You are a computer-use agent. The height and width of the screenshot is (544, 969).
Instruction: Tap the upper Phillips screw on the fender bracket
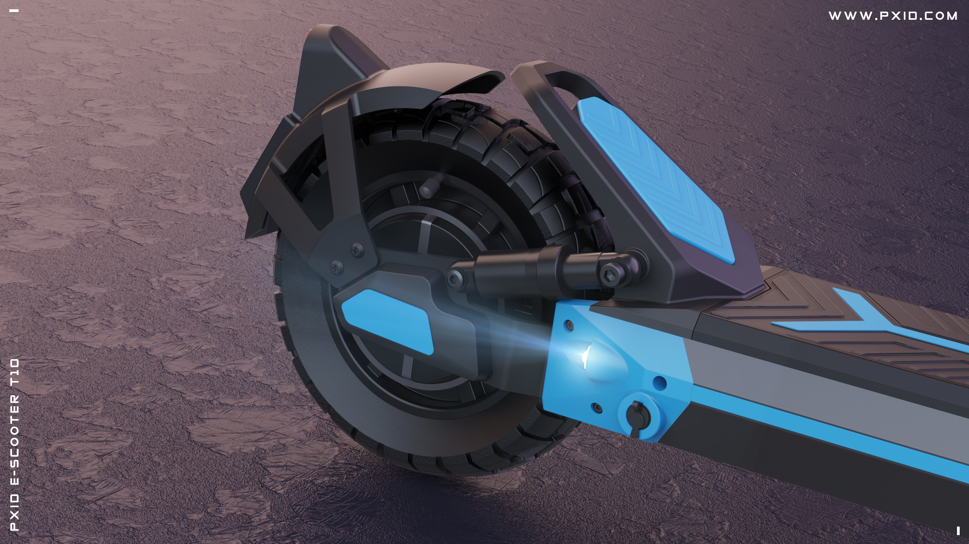click(x=357, y=250)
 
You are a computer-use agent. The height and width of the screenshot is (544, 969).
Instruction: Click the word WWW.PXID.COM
click(x=893, y=16)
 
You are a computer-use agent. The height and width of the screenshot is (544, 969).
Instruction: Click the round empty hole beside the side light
click(x=659, y=384)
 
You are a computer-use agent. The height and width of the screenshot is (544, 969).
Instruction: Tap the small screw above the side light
click(x=569, y=325)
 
